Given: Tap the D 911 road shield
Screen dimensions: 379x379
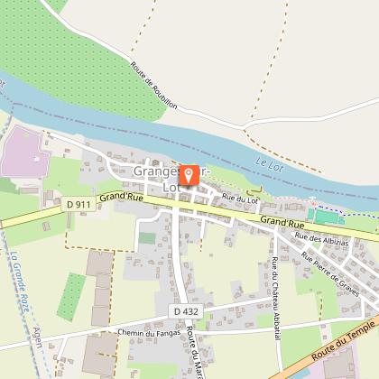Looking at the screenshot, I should pos(78,205).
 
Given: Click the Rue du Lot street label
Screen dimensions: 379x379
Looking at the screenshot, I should pos(241,198).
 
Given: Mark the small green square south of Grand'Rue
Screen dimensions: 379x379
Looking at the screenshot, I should pos(146,238).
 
